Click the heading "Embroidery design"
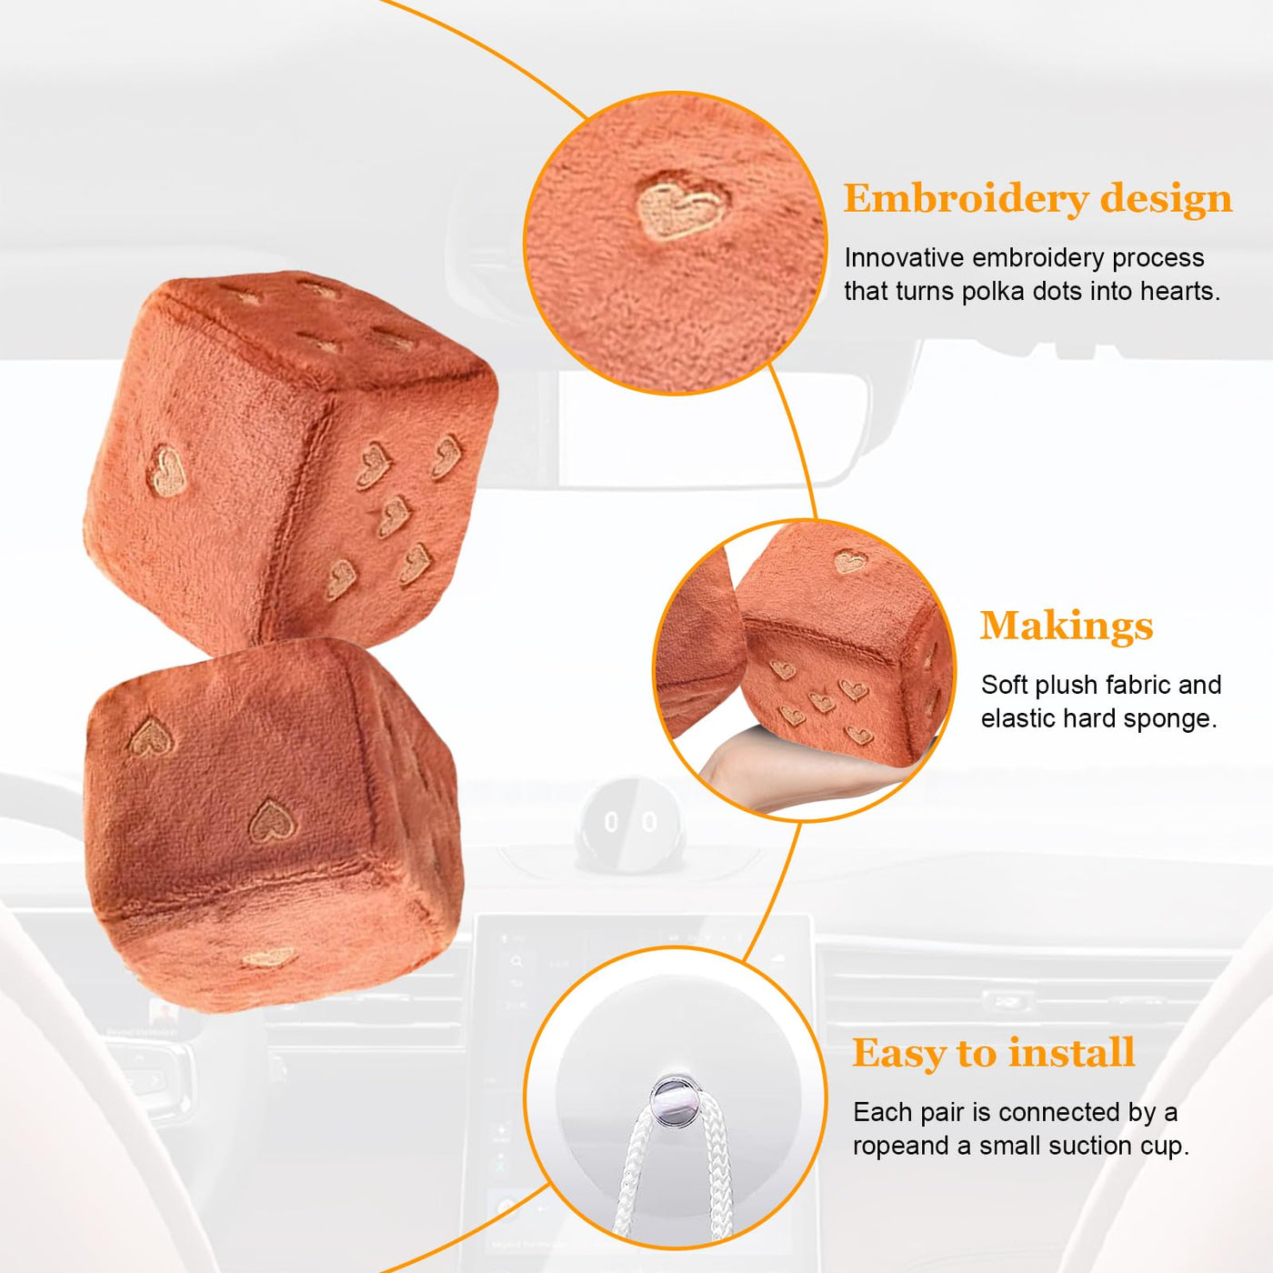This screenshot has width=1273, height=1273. pos(1037,198)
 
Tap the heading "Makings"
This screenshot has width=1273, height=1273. pos(1066,626)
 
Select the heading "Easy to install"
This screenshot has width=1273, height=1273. pos(993,1052)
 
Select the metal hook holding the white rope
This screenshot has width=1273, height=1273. pos(674,1100)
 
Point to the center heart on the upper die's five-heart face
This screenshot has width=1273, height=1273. pos(394,516)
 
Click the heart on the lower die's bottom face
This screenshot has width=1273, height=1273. pos(268,957)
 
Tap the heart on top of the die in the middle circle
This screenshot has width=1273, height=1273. pos(849,562)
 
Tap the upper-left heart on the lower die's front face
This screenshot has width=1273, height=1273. pos(151,736)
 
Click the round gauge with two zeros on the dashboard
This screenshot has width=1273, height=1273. pos(629,825)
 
